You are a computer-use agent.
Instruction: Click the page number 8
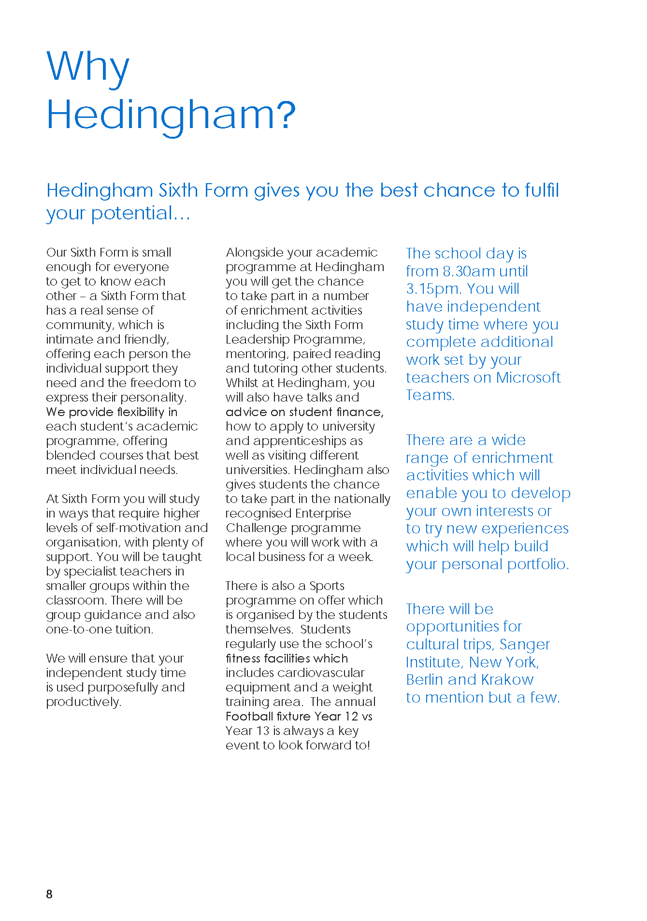[x=49, y=894]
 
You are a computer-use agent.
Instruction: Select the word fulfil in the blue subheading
[x=540, y=190]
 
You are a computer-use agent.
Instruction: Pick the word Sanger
[x=524, y=645]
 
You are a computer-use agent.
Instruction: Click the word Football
[x=249, y=716]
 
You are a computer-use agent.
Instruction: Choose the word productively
[x=83, y=702]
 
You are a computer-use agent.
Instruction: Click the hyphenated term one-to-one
[x=75, y=629]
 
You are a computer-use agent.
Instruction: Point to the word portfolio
[x=538, y=564]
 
